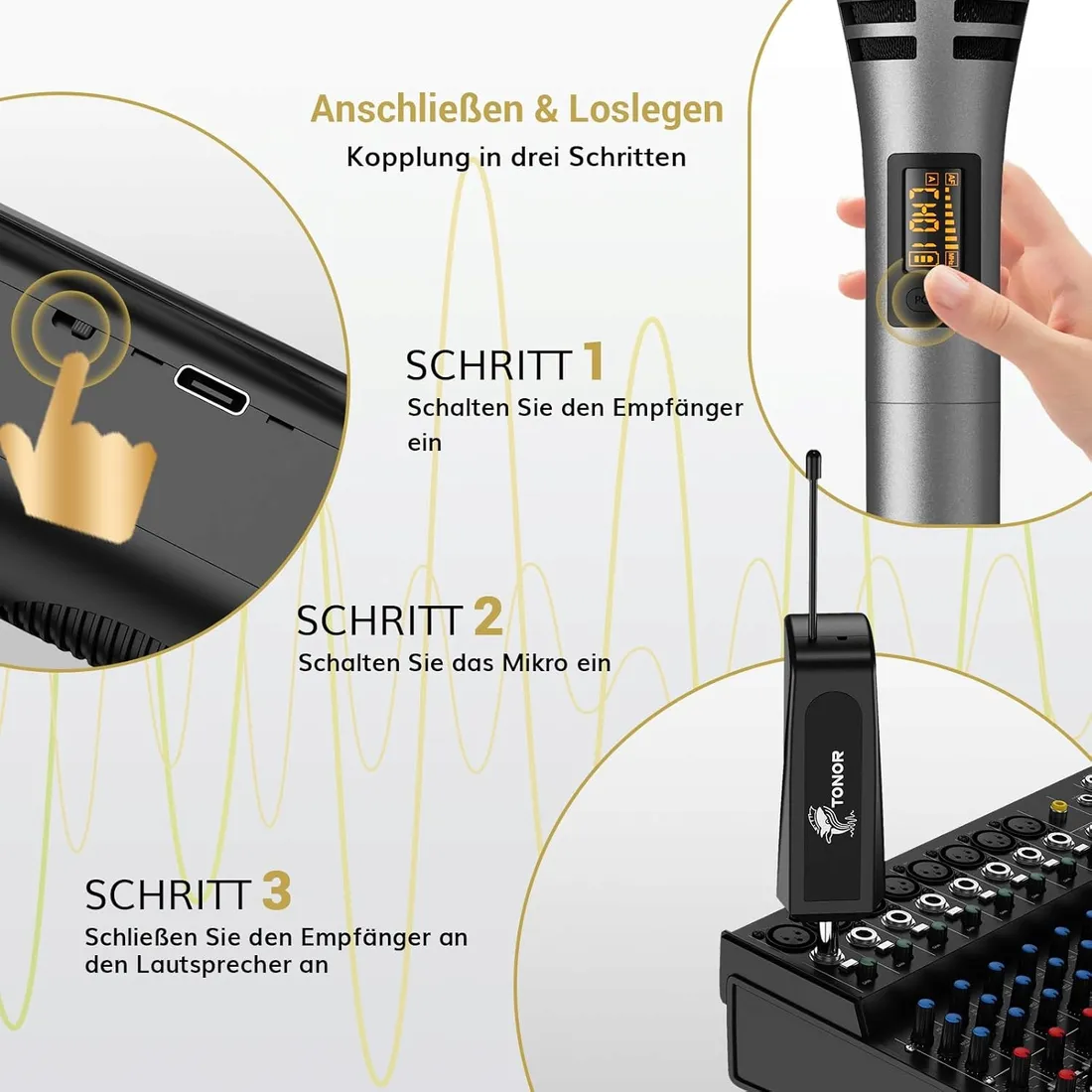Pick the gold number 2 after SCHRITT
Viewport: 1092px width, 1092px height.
point(487,616)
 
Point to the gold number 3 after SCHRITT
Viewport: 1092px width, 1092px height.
point(277,890)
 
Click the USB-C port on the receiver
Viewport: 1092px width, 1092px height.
point(211,390)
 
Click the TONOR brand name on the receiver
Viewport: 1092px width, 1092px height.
point(838,778)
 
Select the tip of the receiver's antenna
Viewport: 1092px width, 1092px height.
point(814,459)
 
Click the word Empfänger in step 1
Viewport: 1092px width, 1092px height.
point(677,408)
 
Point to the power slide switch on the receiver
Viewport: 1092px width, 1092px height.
point(72,325)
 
